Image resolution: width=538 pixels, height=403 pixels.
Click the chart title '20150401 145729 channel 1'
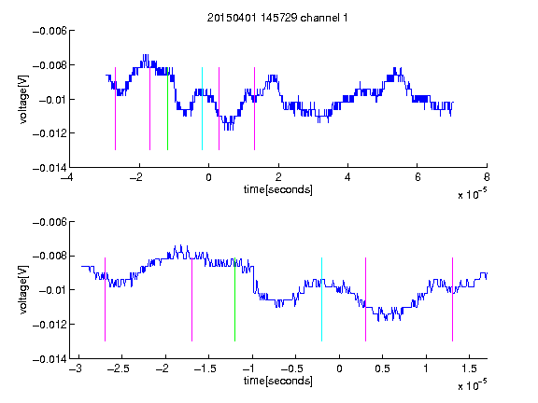click(x=277, y=18)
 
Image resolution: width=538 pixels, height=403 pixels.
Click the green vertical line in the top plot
click(x=167, y=108)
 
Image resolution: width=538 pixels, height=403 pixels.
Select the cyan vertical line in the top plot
click(x=202, y=108)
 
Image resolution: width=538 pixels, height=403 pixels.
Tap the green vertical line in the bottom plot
click(x=234, y=299)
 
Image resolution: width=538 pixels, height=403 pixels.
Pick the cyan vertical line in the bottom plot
click(x=321, y=299)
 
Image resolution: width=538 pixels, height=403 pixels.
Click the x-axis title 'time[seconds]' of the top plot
click(x=278, y=189)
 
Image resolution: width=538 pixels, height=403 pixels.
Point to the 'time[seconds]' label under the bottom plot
click(x=278, y=381)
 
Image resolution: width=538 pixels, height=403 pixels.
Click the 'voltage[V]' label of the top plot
click(x=23, y=100)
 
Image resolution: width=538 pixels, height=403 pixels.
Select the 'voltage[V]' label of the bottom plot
click(x=23, y=290)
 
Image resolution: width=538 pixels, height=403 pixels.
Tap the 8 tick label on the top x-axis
click(x=487, y=177)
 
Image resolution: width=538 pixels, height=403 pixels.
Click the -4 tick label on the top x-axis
click(x=66, y=177)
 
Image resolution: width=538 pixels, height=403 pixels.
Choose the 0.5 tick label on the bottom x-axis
click(x=382, y=368)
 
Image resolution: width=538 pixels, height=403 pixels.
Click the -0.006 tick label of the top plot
click(x=50, y=31)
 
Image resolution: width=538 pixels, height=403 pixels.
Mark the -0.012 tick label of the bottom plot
click(x=50, y=325)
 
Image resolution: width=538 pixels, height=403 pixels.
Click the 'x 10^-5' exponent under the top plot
click(x=472, y=194)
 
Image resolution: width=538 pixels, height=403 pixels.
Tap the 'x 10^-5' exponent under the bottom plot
click(x=472, y=385)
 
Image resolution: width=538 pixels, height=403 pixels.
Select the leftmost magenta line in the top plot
click(x=115, y=108)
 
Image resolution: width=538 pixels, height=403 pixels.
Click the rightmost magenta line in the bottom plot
click(x=452, y=299)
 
